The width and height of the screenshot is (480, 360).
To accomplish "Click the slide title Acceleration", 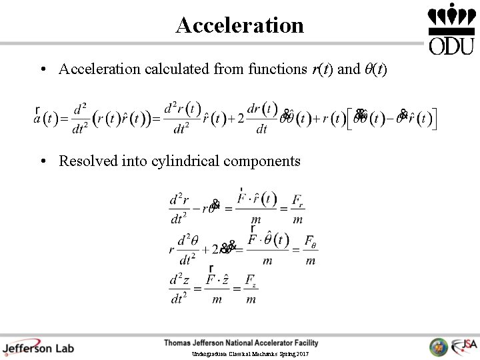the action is point(239,25).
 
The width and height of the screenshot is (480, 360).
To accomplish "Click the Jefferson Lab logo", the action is point(38,347).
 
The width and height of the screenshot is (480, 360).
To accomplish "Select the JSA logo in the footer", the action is point(464,346).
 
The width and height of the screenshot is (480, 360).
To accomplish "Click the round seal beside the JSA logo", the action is point(439,347).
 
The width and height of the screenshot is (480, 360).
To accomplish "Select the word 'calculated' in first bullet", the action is point(176,69).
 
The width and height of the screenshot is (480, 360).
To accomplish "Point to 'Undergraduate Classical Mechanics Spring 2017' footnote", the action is point(250,353).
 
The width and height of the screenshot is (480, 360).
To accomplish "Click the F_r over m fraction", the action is point(297,209).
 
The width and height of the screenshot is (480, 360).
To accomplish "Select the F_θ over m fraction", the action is point(310,250).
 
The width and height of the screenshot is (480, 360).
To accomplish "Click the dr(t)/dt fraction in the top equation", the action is point(262,119).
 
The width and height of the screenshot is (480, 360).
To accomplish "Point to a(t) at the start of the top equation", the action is point(43,119).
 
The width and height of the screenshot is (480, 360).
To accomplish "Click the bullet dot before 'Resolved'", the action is point(42,161).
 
